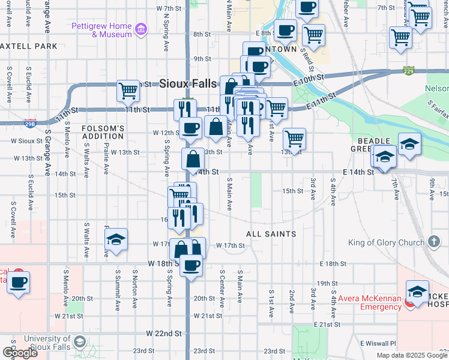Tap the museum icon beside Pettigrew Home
coord(141,28)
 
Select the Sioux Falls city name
coord(187,84)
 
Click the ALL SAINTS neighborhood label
coord(271,233)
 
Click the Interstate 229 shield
coord(409,71)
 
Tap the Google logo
coord(20,353)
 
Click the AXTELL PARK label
coord(29,46)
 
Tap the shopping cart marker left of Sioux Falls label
coord(128,91)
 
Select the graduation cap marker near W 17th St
coord(116,240)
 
